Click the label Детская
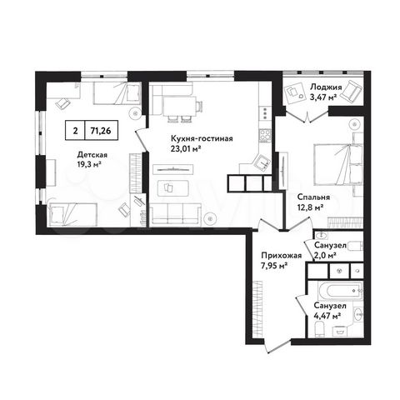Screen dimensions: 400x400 click(92, 154)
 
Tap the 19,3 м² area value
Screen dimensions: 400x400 click(91, 164)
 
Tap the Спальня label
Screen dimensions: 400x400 click(313, 197)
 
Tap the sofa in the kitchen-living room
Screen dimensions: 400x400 click(179, 215)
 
